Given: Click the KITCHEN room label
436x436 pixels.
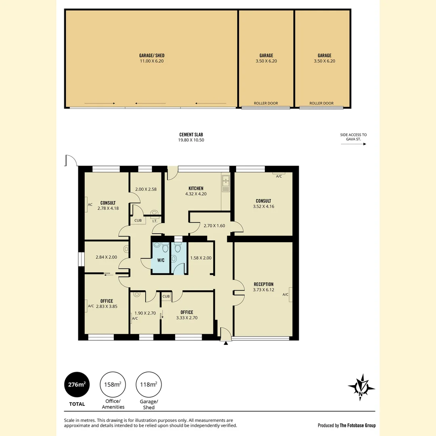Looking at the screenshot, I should coord(196,189).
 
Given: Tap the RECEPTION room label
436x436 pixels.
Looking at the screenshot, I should coord(263,284).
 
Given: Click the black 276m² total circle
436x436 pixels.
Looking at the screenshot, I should coord(76,384).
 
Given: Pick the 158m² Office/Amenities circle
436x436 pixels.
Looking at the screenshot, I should coord(113,384).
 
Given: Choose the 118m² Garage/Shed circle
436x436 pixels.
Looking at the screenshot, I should coord(149,384).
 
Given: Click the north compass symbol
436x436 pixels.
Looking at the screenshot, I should coord(361,387).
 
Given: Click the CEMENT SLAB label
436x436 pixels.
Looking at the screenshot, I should coord(194,135).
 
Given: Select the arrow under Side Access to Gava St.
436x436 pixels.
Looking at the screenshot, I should coord(353,144).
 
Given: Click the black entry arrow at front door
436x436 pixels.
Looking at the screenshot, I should coord(226,343).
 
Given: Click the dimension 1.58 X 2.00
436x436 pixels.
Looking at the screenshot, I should coord(201,258).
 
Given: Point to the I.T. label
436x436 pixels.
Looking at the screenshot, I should coord(155,221).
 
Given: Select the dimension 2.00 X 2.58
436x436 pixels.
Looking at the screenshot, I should coord(145,189).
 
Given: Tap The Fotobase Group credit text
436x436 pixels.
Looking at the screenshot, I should coord(346,425).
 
